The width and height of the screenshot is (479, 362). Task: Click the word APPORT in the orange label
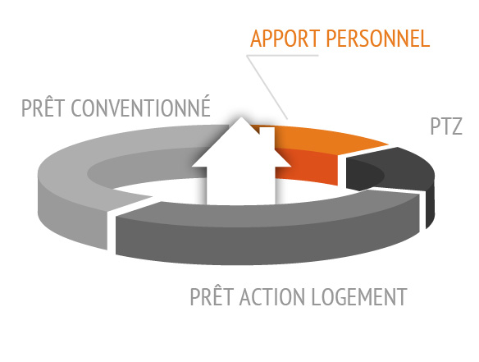(x=285, y=39)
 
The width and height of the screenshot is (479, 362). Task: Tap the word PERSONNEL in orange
(x=378, y=39)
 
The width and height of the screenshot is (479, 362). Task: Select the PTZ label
(x=446, y=126)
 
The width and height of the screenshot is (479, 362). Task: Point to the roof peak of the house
(x=241, y=117)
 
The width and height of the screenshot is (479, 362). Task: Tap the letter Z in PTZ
(x=456, y=126)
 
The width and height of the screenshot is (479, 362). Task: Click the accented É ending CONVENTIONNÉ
(x=205, y=106)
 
